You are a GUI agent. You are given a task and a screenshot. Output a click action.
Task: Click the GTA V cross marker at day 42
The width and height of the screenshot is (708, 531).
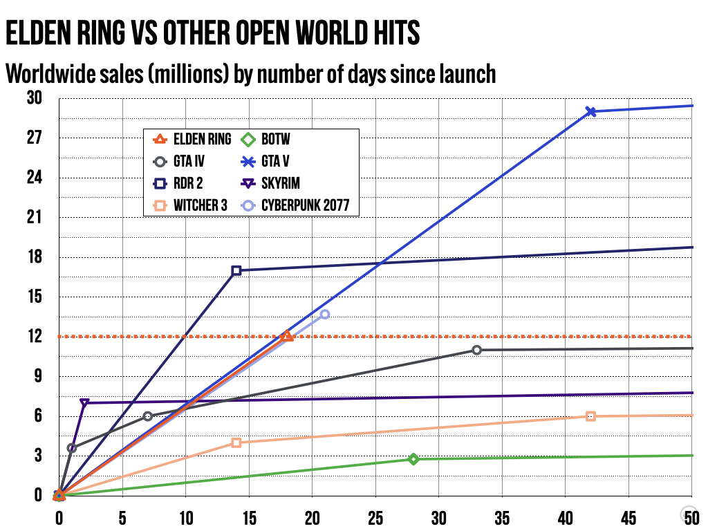(x=590, y=111)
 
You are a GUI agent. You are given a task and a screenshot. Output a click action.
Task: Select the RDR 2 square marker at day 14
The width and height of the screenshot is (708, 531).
(x=236, y=270)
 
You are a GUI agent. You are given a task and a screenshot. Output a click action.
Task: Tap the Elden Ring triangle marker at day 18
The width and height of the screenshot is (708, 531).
(x=287, y=336)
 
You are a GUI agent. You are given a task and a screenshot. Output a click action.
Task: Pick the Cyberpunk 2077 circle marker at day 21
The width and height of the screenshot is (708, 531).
(x=325, y=315)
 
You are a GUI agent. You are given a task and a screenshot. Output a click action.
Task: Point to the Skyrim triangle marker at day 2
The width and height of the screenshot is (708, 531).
(x=84, y=403)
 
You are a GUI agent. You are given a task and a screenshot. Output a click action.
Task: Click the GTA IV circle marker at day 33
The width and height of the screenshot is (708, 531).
(x=476, y=350)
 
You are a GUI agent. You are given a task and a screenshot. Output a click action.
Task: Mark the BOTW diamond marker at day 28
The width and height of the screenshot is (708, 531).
(x=413, y=459)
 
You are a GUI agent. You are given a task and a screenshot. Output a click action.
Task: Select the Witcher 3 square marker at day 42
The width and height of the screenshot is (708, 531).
(x=590, y=416)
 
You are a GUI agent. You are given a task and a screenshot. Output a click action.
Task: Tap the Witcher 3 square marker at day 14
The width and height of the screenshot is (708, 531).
(x=236, y=442)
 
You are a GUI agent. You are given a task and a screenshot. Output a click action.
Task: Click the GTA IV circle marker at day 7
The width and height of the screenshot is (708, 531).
(x=148, y=416)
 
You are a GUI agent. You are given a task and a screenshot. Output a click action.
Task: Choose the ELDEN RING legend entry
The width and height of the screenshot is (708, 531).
(x=193, y=140)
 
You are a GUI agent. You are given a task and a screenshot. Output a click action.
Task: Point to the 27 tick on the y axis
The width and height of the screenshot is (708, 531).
(x=35, y=138)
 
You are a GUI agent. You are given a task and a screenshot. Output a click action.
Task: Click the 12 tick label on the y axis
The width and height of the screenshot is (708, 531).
(x=35, y=337)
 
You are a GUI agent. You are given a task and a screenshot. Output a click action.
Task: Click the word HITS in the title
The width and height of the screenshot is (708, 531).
(x=391, y=32)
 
